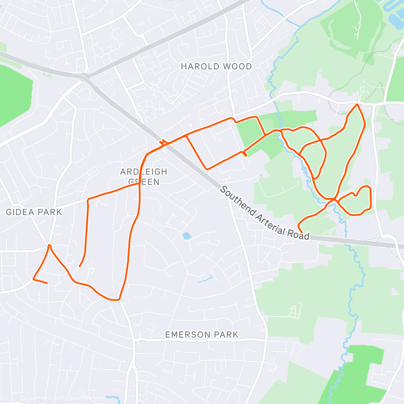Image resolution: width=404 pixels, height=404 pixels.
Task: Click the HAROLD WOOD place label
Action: [216, 66]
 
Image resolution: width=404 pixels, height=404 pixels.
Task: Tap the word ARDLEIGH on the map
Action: [143, 172]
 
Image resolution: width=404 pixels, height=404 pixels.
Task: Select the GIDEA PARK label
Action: [34, 212]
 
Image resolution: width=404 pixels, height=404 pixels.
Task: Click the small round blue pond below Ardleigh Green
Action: [186, 236]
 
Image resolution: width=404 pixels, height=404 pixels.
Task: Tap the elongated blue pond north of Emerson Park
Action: [205, 279]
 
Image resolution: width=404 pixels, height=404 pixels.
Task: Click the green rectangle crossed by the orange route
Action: [248, 133]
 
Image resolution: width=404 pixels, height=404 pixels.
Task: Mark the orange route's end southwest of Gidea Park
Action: [47, 283]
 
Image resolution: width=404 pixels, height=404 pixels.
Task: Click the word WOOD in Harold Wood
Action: [238, 66]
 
